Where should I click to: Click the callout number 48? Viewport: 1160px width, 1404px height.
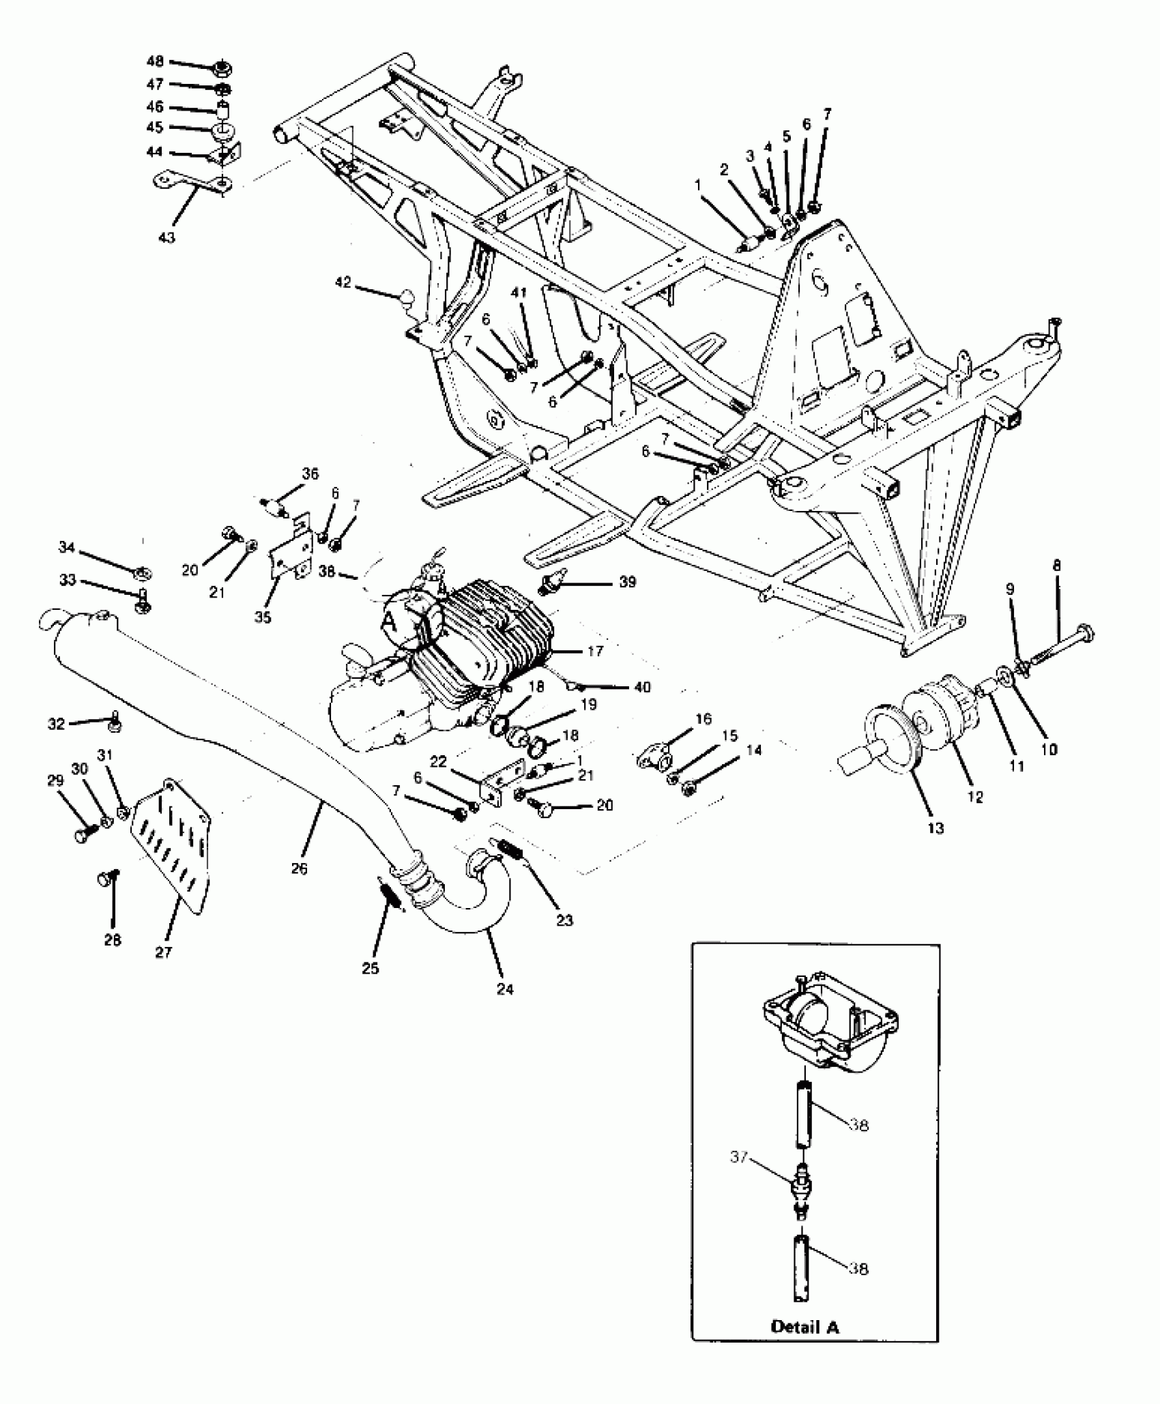[155, 62]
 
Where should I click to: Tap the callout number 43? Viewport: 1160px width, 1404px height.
[166, 237]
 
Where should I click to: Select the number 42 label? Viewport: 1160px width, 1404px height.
[343, 282]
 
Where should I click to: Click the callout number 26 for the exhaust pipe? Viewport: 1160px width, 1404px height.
[299, 868]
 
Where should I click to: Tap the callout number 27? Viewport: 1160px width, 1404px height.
[164, 952]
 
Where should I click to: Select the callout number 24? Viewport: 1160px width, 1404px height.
[505, 989]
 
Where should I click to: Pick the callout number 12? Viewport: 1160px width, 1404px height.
[975, 796]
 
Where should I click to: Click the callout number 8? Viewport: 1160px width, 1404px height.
[1056, 566]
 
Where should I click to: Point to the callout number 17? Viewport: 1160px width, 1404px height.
[595, 651]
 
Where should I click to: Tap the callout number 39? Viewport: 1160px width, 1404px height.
[627, 582]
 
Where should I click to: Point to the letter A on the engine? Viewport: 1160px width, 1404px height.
[390, 621]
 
